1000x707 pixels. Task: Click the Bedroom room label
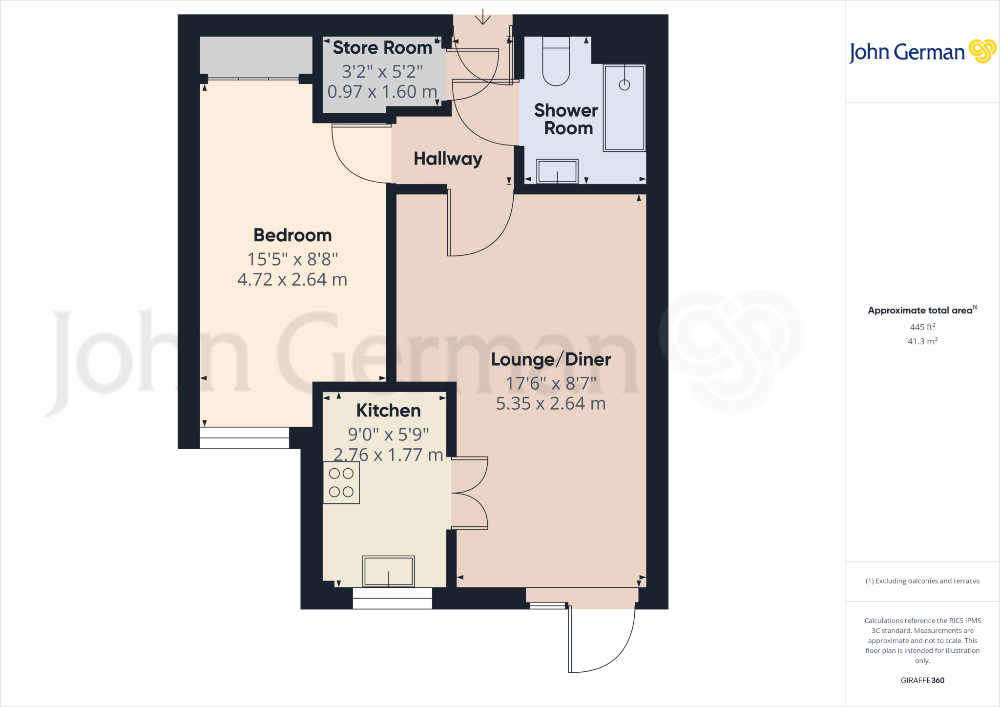point(292,235)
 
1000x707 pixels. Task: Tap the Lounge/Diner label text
point(551,360)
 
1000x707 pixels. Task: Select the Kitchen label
point(388,411)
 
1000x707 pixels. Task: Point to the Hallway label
point(448,159)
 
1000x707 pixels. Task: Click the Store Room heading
point(382,48)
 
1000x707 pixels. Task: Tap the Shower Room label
point(566,119)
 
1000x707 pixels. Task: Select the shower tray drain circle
point(624,85)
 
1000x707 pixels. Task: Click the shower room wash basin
point(557,171)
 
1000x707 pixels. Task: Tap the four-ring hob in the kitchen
point(341,482)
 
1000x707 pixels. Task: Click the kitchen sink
point(388,571)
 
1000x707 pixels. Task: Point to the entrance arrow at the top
point(483,17)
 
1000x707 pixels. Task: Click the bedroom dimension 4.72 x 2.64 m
point(292,280)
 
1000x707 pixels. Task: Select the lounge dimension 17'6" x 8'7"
point(551,384)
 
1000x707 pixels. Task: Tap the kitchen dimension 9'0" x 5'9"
point(388,434)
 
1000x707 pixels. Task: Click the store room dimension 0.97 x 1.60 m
point(382,92)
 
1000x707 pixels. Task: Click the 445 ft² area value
point(922,327)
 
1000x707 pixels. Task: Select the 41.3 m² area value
point(922,341)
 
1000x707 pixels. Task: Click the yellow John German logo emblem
point(982,51)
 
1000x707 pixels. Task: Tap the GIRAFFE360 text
point(922,680)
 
